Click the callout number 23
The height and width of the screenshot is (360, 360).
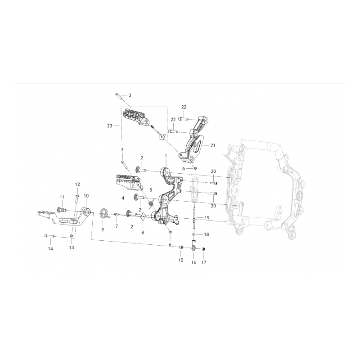point(109,126)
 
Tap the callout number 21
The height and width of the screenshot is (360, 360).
point(213,145)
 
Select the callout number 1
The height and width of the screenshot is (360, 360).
point(166,156)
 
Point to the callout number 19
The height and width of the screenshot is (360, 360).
point(207,218)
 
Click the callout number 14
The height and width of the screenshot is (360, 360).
point(50,249)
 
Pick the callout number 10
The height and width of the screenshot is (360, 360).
point(86,196)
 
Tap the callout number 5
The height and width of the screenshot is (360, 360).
point(151,190)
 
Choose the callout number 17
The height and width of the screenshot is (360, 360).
point(204,262)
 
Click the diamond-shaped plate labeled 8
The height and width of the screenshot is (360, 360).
point(143,217)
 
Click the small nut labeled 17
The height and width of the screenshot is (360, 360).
point(203,249)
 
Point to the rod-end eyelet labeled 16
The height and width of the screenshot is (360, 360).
point(193,246)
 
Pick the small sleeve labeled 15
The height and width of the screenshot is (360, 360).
point(181,247)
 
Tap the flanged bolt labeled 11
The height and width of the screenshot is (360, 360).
point(62,210)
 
